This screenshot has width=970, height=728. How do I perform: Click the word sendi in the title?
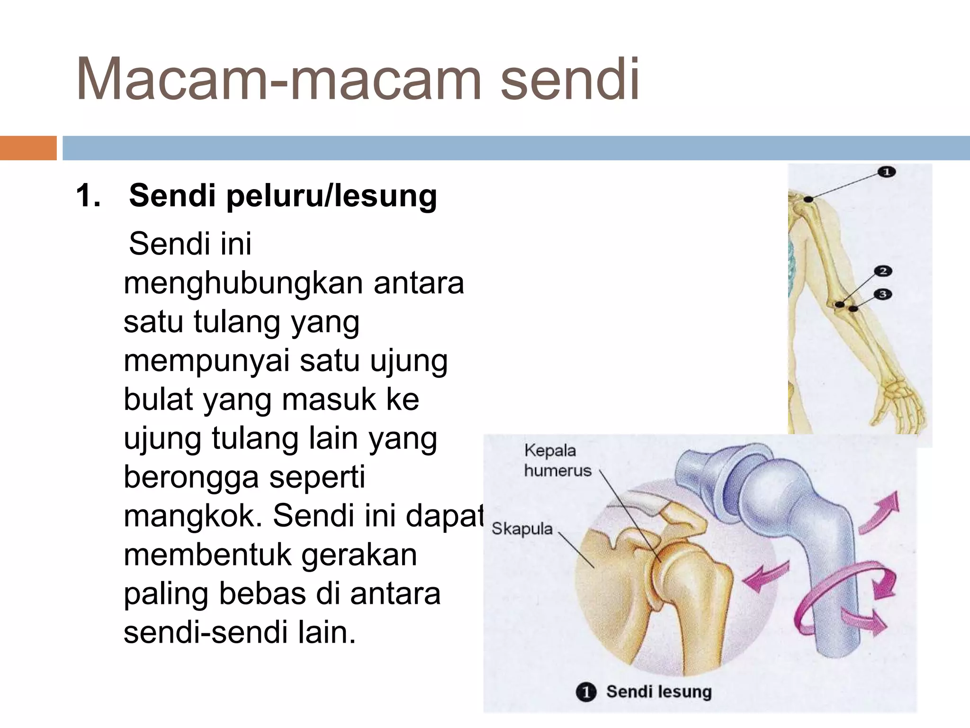click(570, 80)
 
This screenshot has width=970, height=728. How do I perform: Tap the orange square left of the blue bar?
click(28, 148)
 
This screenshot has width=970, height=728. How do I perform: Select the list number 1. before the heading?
click(88, 195)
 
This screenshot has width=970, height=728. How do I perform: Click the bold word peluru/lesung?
click(331, 196)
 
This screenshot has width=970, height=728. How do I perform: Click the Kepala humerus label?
click(557, 460)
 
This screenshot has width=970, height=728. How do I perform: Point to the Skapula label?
click(522, 528)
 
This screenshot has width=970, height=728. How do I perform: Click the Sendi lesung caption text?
click(659, 692)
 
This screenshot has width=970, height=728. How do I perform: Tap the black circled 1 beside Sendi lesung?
click(586, 692)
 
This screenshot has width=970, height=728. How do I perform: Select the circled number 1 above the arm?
click(886, 172)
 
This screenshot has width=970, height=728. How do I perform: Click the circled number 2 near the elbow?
click(883, 271)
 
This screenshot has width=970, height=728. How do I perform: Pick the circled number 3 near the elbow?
click(883, 294)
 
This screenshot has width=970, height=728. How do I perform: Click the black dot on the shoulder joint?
click(809, 199)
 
